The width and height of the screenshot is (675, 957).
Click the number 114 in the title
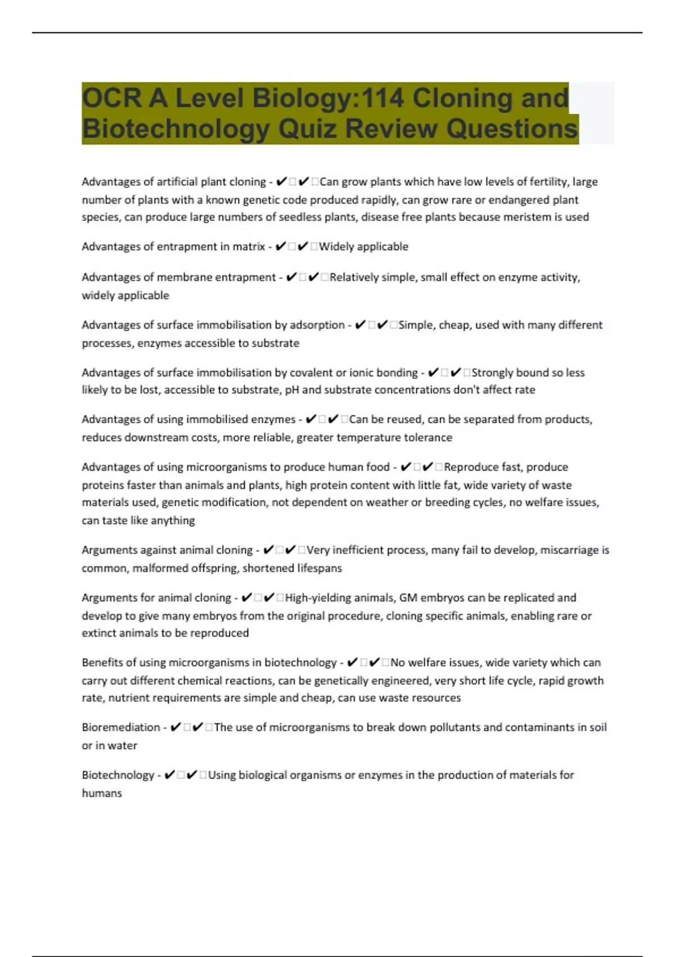[x=382, y=98]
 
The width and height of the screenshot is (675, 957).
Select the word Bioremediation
[x=121, y=727]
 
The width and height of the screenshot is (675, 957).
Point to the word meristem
[x=513, y=217]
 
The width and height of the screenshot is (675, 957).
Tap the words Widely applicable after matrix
[x=363, y=247]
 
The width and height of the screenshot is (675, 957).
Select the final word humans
[x=102, y=793]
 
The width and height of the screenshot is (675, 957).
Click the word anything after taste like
[x=173, y=521]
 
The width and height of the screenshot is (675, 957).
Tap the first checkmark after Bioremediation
[x=175, y=727]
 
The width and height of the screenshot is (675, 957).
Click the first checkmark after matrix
[x=280, y=247]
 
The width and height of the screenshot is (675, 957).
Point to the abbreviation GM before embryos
[x=408, y=598]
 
